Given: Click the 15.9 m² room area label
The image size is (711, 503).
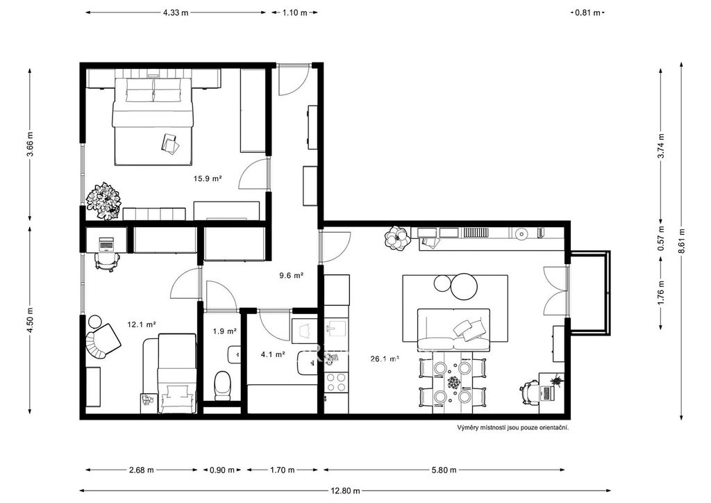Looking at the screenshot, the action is click(208, 179).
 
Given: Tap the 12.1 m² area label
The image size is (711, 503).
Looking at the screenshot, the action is click(142, 324).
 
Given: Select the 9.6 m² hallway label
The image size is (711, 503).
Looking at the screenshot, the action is click(291, 275).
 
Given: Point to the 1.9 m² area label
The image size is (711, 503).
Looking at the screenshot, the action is click(225, 331).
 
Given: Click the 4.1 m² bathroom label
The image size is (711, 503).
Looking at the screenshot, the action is click(273, 354).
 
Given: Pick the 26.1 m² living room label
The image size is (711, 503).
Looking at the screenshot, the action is click(385, 359).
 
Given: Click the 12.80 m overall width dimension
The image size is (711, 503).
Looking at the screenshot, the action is click(346, 490).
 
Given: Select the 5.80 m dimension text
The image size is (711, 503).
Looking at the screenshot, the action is click(444, 470).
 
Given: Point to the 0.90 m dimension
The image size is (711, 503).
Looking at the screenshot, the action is click(222, 470).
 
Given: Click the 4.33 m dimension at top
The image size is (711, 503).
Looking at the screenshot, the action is click(176, 13).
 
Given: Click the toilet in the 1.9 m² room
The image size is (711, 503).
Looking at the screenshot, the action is click(222, 385).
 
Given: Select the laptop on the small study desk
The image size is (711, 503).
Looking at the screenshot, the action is click(107, 243).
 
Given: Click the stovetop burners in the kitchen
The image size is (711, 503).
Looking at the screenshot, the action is click(337, 382).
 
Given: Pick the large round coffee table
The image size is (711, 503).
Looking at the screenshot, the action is click(464, 286).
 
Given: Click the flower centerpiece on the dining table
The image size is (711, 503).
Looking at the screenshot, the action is click(453, 382).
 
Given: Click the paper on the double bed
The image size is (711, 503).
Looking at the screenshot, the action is click(170, 143).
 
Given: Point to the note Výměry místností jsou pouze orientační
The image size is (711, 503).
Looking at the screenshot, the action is click(513, 427).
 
